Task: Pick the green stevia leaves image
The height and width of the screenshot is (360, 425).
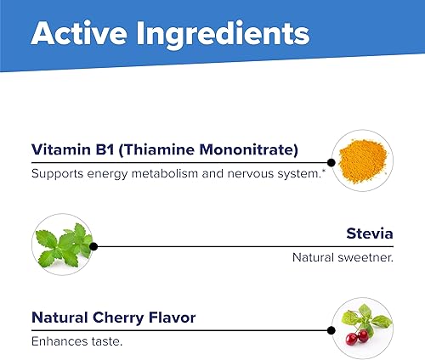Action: tap(61, 244)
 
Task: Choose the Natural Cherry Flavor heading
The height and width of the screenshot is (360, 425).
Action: tap(113, 318)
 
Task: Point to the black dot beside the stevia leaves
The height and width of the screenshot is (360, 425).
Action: tap(93, 246)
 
